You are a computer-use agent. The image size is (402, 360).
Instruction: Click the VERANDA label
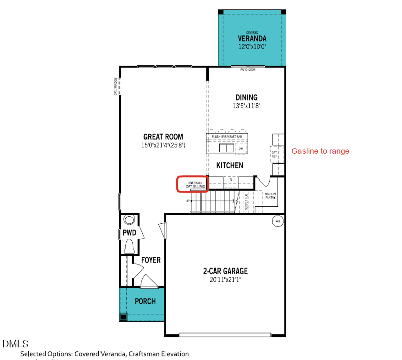click(x=252, y=38)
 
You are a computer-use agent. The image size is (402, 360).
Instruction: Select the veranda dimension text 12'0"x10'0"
click(x=252, y=47)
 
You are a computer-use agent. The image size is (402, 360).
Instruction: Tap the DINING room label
click(x=246, y=97)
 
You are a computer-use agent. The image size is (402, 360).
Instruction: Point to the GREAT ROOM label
click(x=163, y=137)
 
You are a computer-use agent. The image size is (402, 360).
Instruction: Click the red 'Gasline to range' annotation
click(x=320, y=151)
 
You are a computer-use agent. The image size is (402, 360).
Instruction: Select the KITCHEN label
click(x=230, y=165)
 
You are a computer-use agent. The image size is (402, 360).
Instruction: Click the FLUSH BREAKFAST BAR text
click(x=227, y=137)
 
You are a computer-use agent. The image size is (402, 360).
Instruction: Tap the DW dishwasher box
click(x=241, y=149)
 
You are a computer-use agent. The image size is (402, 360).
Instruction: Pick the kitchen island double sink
click(x=226, y=148)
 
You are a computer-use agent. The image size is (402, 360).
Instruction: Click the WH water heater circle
click(x=277, y=221)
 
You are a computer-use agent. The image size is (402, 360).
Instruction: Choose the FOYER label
click(x=151, y=260)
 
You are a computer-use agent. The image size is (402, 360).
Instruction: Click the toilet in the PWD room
click(x=129, y=246)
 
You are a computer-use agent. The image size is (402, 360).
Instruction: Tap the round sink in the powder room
click(x=129, y=220)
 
